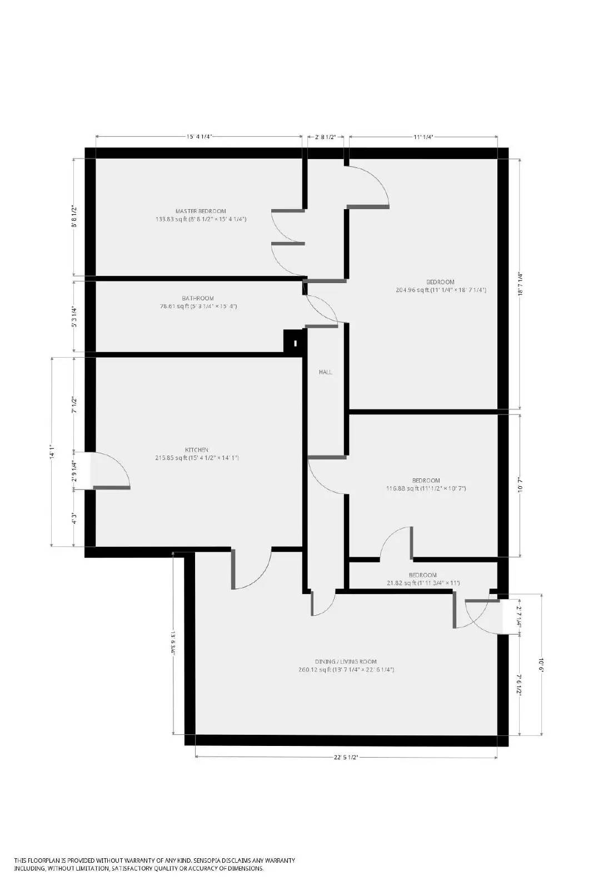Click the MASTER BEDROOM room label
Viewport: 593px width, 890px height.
pos(201,211)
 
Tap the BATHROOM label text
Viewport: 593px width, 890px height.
pos(197,298)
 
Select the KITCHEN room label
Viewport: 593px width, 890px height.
pos(197,449)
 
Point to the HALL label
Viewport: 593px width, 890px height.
pos(326,372)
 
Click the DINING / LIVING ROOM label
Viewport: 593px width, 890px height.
pos(346,661)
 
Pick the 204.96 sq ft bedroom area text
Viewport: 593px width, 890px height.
pos(440,290)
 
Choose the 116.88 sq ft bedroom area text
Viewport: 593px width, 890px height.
pos(426,488)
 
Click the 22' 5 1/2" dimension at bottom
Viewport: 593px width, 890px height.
pos(345,757)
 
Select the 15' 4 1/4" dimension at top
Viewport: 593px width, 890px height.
pos(200,136)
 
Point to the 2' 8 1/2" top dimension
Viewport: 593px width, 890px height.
pos(325,136)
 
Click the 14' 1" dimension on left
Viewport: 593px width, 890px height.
pos(52,451)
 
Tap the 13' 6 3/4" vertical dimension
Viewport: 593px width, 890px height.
pos(173,644)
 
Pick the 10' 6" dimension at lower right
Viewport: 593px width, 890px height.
pos(541,665)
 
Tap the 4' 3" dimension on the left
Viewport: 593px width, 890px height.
pos(74,519)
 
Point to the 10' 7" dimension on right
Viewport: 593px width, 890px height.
pos(520,485)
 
